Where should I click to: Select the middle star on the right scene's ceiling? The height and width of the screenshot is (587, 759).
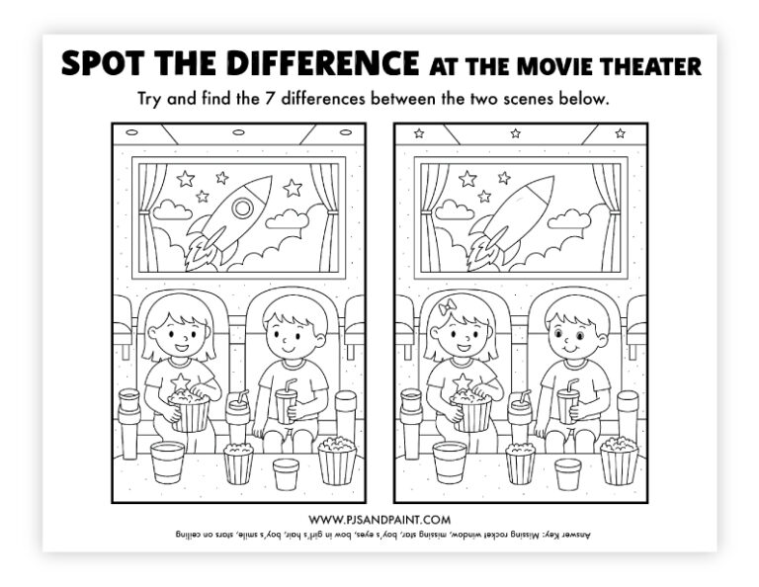515,132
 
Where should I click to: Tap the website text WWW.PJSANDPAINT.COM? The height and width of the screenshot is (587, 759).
379,519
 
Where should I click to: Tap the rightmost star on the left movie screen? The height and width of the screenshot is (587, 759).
293,188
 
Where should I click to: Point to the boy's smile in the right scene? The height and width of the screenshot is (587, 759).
565,349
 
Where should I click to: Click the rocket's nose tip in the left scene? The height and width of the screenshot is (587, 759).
268,182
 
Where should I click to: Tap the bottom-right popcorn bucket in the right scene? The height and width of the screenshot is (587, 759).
619,460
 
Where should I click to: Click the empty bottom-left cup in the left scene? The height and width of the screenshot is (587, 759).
167,461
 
